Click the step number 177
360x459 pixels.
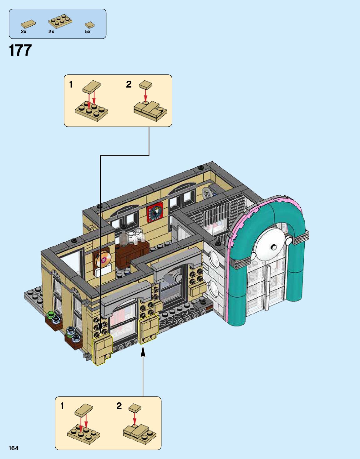[x=20, y=50]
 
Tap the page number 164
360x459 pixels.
[x=13, y=448]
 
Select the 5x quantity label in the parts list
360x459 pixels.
[x=88, y=32]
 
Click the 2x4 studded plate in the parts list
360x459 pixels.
[x=61, y=21]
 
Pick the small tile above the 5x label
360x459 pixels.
[x=89, y=25]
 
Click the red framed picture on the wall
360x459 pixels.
[x=155, y=212]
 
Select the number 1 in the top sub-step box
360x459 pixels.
[x=71, y=84]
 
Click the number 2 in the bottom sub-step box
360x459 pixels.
[x=119, y=406]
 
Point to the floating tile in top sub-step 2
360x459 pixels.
[x=145, y=84]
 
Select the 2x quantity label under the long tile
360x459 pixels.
[x=23, y=32]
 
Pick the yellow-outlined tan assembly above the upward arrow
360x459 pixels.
[x=148, y=328]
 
